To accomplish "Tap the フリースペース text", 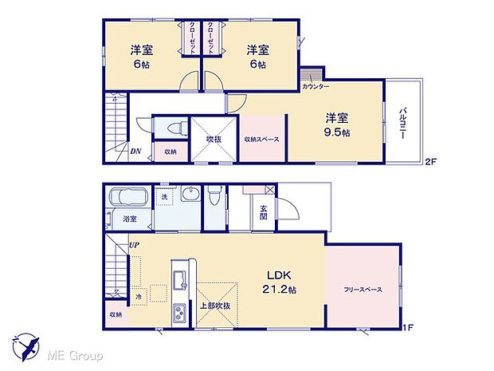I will (362, 289).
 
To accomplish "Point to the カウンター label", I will (316, 85).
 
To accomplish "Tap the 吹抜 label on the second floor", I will (214, 139).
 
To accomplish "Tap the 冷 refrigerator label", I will (139, 297).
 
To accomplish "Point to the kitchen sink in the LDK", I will (178, 282).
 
